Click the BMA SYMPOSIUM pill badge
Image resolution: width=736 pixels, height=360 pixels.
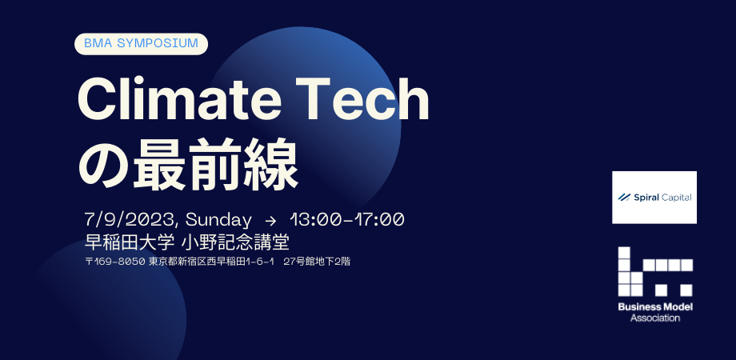(x=142, y=44)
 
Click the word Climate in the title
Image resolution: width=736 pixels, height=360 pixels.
(x=179, y=100)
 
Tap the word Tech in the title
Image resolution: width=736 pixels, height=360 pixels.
(x=365, y=100)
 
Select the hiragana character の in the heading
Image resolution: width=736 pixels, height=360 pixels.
(x=102, y=165)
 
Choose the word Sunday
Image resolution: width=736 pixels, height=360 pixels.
(x=218, y=220)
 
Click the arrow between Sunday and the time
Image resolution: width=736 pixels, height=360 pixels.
(x=271, y=220)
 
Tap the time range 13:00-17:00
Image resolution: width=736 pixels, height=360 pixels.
(x=347, y=220)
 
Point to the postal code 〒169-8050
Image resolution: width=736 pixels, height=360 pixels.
(x=115, y=262)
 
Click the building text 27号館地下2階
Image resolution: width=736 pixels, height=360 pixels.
(x=318, y=262)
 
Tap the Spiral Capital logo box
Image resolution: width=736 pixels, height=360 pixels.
(x=654, y=197)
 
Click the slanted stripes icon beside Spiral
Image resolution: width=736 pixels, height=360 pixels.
(x=624, y=197)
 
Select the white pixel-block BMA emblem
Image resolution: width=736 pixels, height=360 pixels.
(x=655, y=271)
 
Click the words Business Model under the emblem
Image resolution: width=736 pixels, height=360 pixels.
(x=655, y=307)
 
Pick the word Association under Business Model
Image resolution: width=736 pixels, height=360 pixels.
(x=655, y=318)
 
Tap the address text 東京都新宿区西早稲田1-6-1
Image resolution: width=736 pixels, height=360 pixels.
(x=211, y=262)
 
